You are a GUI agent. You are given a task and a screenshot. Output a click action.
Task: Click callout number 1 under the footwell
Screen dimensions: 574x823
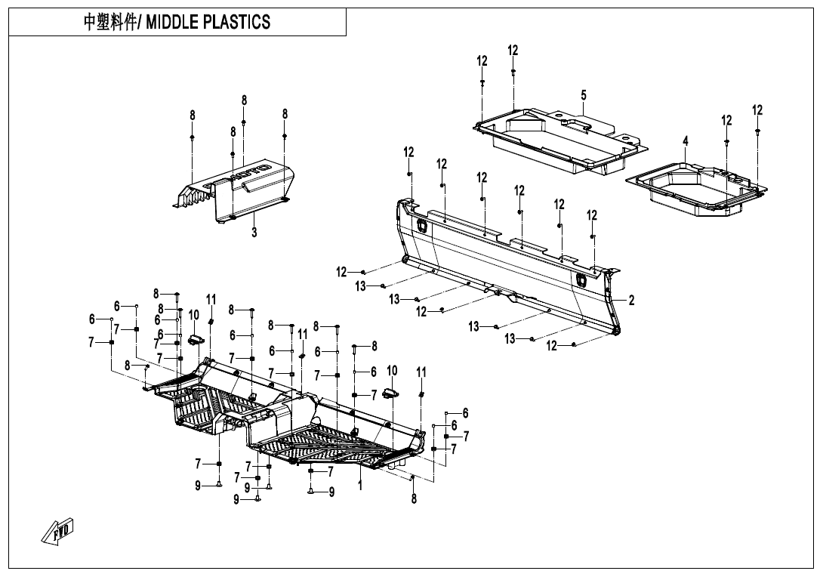(360, 486)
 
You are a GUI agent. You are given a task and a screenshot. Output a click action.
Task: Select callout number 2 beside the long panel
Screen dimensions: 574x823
(631, 300)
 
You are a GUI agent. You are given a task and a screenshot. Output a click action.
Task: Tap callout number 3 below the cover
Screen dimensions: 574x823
(254, 233)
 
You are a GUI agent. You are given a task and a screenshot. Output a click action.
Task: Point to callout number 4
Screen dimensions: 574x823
(686, 141)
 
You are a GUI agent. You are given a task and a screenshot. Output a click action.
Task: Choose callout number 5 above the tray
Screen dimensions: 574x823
(584, 95)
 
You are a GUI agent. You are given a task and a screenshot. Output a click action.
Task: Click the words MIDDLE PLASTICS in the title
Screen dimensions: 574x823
(208, 22)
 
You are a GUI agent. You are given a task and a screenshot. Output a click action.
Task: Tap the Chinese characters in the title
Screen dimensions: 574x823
(109, 22)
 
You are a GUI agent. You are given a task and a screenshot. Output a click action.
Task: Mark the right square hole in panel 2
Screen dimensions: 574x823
(581, 279)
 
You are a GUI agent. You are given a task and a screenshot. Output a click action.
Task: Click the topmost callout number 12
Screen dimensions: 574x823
(513, 51)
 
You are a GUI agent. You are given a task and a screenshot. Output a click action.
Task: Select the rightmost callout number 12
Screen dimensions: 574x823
(757, 110)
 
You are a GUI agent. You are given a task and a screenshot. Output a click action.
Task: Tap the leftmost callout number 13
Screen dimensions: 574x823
(361, 286)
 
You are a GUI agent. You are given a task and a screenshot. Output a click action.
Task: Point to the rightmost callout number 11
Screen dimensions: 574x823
(421, 372)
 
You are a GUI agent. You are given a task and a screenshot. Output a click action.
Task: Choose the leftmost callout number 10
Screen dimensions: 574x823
(194, 314)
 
